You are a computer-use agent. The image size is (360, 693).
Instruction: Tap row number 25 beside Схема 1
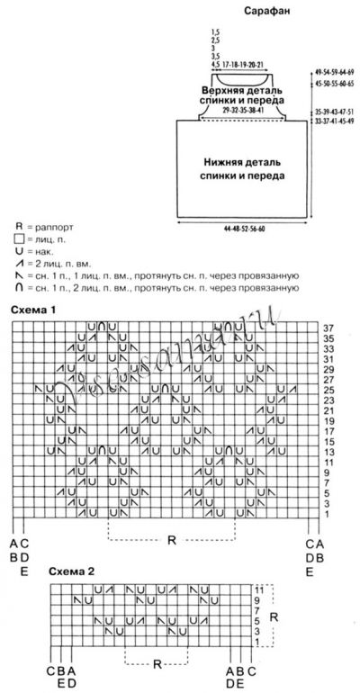[328, 388]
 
